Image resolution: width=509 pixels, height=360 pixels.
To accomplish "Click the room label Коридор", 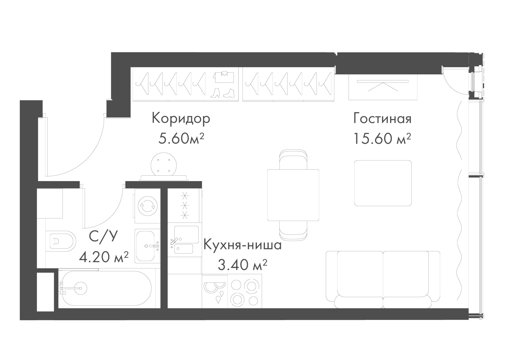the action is point(181,118).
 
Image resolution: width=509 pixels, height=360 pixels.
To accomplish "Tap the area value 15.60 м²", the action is point(382,138).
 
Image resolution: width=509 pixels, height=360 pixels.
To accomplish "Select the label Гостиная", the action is point(382,118).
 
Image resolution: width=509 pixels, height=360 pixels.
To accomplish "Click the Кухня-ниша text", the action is point(242,245).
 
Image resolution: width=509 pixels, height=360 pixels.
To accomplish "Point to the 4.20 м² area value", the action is point(104,257).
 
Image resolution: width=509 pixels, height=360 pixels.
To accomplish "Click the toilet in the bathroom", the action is point(61,241).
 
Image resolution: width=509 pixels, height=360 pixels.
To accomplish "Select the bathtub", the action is point(105,288).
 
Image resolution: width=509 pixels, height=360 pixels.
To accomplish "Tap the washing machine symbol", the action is point(148,206).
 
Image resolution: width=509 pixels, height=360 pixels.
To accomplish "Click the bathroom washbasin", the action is point(147,246).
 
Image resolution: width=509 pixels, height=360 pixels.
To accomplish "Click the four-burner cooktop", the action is point(245,291).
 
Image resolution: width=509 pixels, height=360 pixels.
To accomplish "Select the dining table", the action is point(293,195).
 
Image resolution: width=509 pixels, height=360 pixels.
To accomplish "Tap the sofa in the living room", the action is point(383,279).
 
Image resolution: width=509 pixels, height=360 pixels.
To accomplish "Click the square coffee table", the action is point(383,183).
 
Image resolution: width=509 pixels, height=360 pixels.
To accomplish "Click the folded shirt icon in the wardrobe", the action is point(224,77).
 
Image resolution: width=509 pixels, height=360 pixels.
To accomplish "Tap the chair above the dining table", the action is point(293,159).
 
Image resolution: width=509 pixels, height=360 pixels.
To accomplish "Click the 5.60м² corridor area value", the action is point(181,138).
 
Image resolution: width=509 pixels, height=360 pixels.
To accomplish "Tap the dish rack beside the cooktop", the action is point(214,291).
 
